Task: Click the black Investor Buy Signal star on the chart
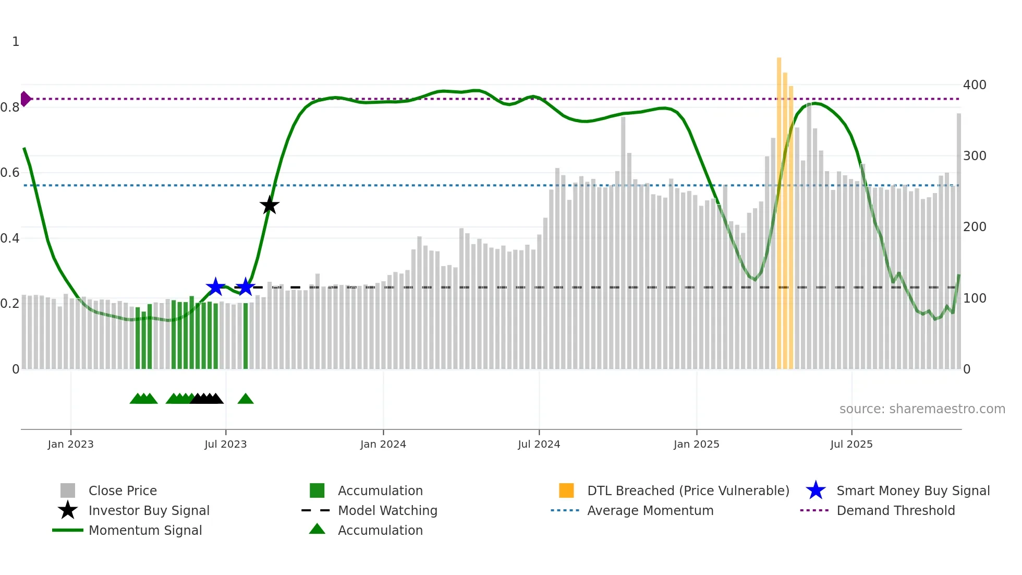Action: click(x=269, y=206)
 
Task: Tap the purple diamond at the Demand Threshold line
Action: click(x=25, y=99)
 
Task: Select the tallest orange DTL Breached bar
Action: click(x=779, y=214)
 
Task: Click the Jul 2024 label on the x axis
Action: click(x=539, y=444)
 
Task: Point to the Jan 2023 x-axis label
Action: click(x=70, y=444)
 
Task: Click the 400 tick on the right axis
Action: click(x=974, y=85)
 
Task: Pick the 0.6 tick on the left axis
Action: click(x=10, y=173)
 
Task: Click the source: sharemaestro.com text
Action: click(x=922, y=409)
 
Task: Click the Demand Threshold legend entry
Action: click(x=895, y=510)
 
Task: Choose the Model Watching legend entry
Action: click(x=387, y=510)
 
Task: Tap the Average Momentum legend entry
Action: click(x=650, y=510)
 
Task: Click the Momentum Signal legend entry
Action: click(x=145, y=530)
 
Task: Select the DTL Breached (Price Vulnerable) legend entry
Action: click(x=688, y=490)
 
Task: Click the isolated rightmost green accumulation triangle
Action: click(x=246, y=399)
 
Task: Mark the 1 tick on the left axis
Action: click(x=16, y=42)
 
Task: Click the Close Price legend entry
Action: click(x=123, y=490)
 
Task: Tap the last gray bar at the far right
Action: click(x=958, y=240)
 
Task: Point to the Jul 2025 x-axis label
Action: click(x=851, y=444)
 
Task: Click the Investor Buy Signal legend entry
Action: click(x=149, y=510)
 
